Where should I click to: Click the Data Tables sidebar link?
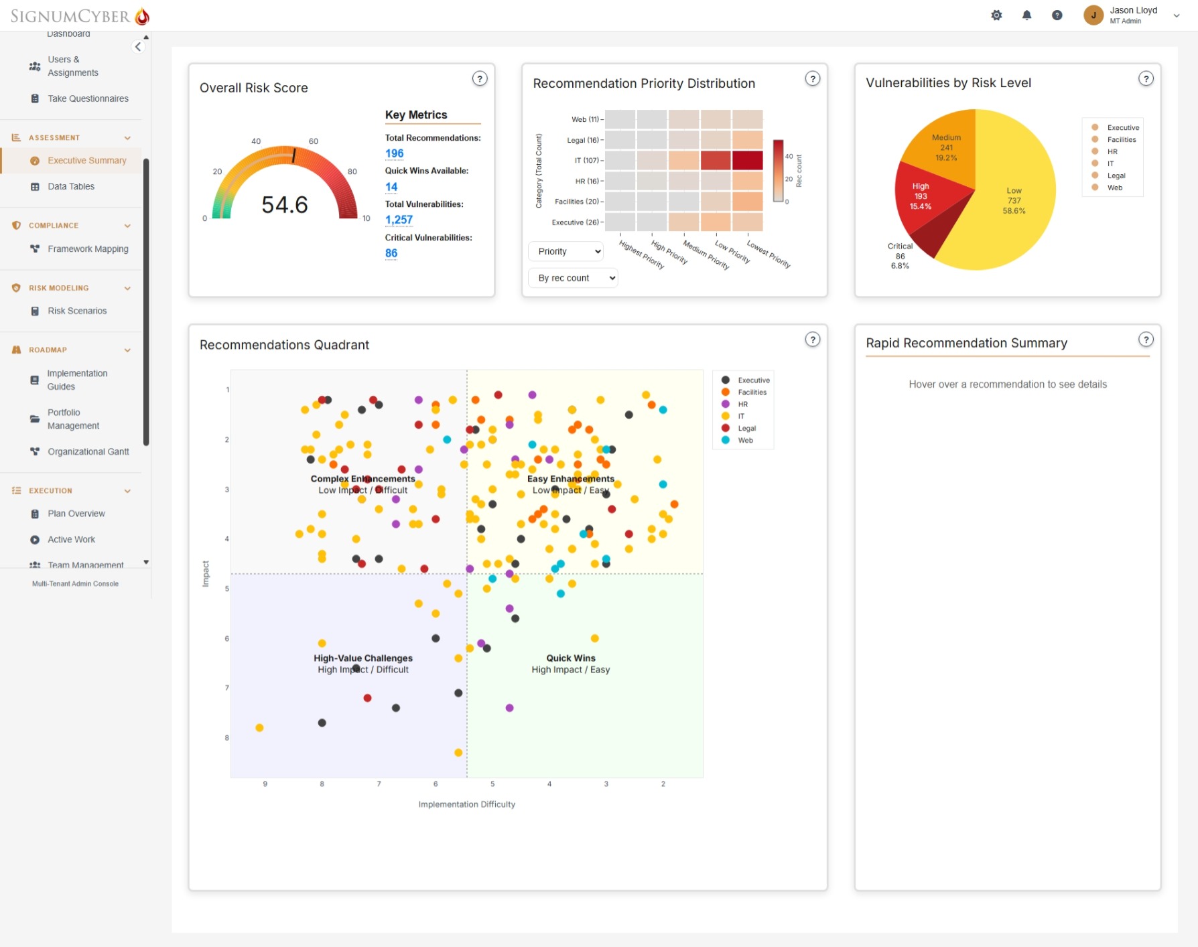(x=71, y=187)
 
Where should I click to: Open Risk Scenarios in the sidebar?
(x=77, y=311)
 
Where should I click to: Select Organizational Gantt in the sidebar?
(x=88, y=452)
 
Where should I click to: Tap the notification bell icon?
(x=1026, y=15)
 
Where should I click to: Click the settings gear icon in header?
(x=996, y=15)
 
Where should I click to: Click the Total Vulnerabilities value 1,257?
(x=399, y=220)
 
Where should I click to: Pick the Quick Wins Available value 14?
(x=391, y=187)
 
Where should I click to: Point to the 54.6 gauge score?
(x=285, y=205)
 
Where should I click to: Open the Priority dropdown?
(x=566, y=251)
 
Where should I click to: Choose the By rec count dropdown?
(x=573, y=278)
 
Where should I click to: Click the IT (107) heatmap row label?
(x=587, y=161)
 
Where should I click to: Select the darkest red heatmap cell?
(x=747, y=161)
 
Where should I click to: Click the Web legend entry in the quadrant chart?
(x=745, y=441)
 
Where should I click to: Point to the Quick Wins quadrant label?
(x=571, y=658)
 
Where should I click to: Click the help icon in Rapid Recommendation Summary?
(x=1146, y=340)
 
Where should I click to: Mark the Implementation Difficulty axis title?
(x=467, y=804)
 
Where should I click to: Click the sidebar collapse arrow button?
(x=138, y=46)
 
